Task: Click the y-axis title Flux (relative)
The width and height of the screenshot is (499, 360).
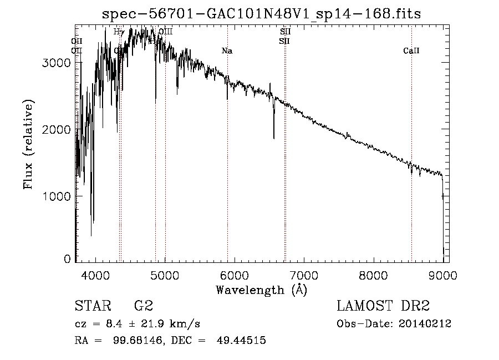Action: pyautogui.click(x=28, y=144)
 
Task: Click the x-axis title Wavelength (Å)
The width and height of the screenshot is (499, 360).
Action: pyautogui.click(x=261, y=290)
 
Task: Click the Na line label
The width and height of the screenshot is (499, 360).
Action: pyautogui.click(x=227, y=51)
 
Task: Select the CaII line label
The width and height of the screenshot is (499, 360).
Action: pyautogui.click(x=411, y=51)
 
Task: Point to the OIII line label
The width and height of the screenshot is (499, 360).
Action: pyautogui.click(x=165, y=32)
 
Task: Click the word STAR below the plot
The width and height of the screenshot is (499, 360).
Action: pyautogui.click(x=90, y=306)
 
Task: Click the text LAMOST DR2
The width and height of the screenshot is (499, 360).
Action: pyautogui.click(x=383, y=306)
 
